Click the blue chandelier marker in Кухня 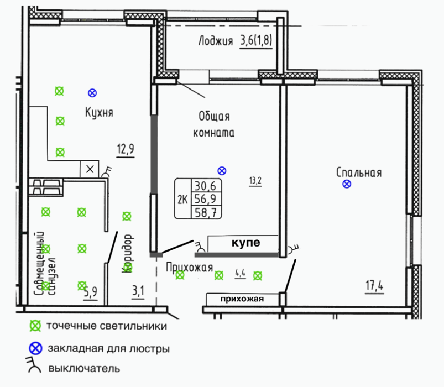pyautogui.click(x=92, y=93)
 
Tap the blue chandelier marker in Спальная pyautogui.click(x=347, y=184)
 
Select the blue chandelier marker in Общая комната pyautogui.click(x=222, y=171)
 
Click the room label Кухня pyautogui.click(x=99, y=112)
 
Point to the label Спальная pyautogui.click(x=359, y=172)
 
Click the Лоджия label pyautogui.click(x=216, y=41)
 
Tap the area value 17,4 pyautogui.click(x=374, y=285)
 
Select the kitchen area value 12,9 pyautogui.click(x=126, y=149)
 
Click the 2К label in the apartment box pyautogui.click(x=182, y=200)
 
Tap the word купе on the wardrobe pyautogui.click(x=246, y=243)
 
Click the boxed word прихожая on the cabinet pyautogui.click(x=242, y=299)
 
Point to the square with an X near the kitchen pyautogui.click(x=90, y=169)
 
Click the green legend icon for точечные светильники pyautogui.click(x=35, y=326)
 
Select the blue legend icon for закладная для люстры pyautogui.click(x=36, y=348)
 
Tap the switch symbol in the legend pyautogui.click(x=34, y=365)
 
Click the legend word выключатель pyautogui.click(x=85, y=369)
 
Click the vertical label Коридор pyautogui.click(x=128, y=253)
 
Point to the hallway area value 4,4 pyautogui.click(x=240, y=273)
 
